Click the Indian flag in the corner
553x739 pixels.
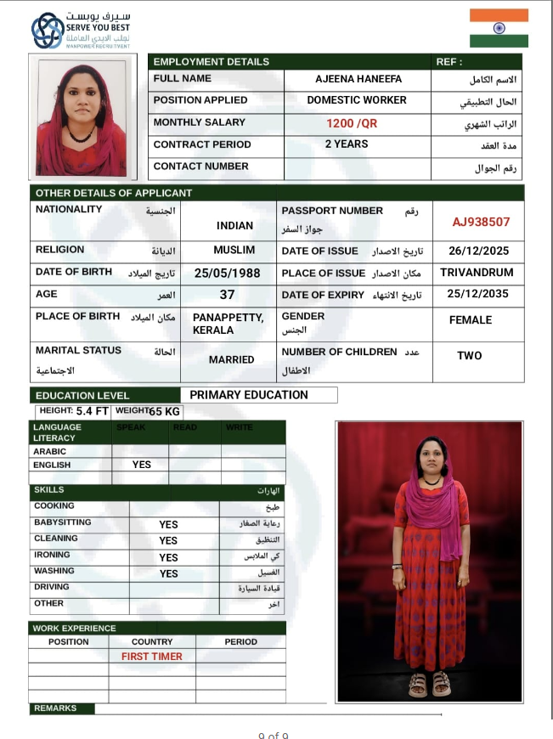tap(499, 28)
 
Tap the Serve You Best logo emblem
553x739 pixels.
tap(48, 31)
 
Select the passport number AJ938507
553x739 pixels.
tap(481, 222)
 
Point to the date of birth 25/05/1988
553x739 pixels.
tap(227, 274)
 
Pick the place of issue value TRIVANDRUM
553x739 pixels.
tap(477, 273)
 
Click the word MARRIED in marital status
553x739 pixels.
tap(231, 359)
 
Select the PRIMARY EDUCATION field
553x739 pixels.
tap(248, 395)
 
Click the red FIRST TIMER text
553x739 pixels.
tap(152, 657)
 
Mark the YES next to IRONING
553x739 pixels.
tap(169, 557)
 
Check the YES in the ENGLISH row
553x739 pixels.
tap(142, 465)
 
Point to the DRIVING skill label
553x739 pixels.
tap(52, 587)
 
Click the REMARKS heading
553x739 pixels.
tap(55, 708)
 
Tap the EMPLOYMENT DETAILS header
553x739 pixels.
tap(211, 61)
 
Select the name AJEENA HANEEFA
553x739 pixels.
tap(358, 78)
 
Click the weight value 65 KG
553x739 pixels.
tap(165, 412)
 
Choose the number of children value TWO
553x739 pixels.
tap(469, 356)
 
